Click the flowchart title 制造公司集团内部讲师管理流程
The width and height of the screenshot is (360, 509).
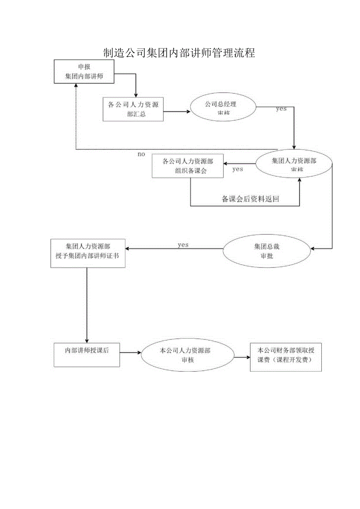click(x=179, y=53)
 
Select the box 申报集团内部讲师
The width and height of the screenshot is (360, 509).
click(x=84, y=72)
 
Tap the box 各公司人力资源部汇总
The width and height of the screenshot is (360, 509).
click(x=133, y=110)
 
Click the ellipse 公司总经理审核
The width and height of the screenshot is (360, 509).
click(x=223, y=108)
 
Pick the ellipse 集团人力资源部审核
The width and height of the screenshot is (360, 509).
click(x=294, y=165)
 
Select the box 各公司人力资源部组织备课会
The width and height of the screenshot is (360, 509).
click(x=188, y=166)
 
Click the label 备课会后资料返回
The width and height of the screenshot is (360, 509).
click(x=250, y=199)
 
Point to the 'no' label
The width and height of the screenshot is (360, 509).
click(x=141, y=154)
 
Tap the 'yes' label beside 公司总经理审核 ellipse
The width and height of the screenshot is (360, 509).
click(x=281, y=109)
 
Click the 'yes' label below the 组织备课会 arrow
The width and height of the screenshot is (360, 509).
click(x=238, y=169)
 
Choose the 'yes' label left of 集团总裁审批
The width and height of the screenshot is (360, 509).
click(x=183, y=245)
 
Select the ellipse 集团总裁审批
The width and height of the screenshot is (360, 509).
click(x=267, y=251)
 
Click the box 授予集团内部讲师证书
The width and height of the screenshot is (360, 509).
click(x=88, y=253)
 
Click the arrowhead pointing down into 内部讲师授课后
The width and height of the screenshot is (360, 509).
click(x=86, y=341)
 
